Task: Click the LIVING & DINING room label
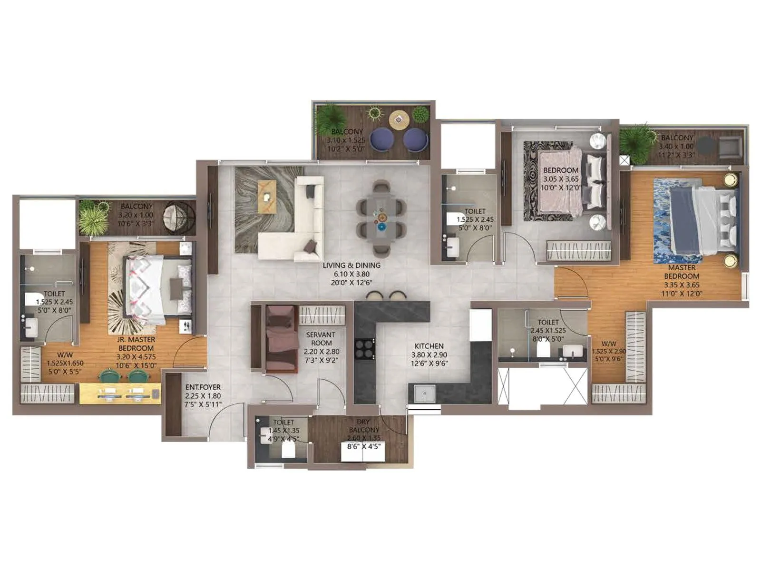tap(351, 266)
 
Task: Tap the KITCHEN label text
tap(429, 346)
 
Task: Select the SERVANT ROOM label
tap(321, 339)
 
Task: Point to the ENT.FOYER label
tap(203, 387)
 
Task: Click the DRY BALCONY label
tap(364, 426)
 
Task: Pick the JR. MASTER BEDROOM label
tap(136, 344)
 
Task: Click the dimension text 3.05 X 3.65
tap(561, 179)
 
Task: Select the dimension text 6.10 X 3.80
tap(351, 274)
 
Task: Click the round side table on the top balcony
tap(399, 119)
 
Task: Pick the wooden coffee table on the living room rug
tap(267, 196)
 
